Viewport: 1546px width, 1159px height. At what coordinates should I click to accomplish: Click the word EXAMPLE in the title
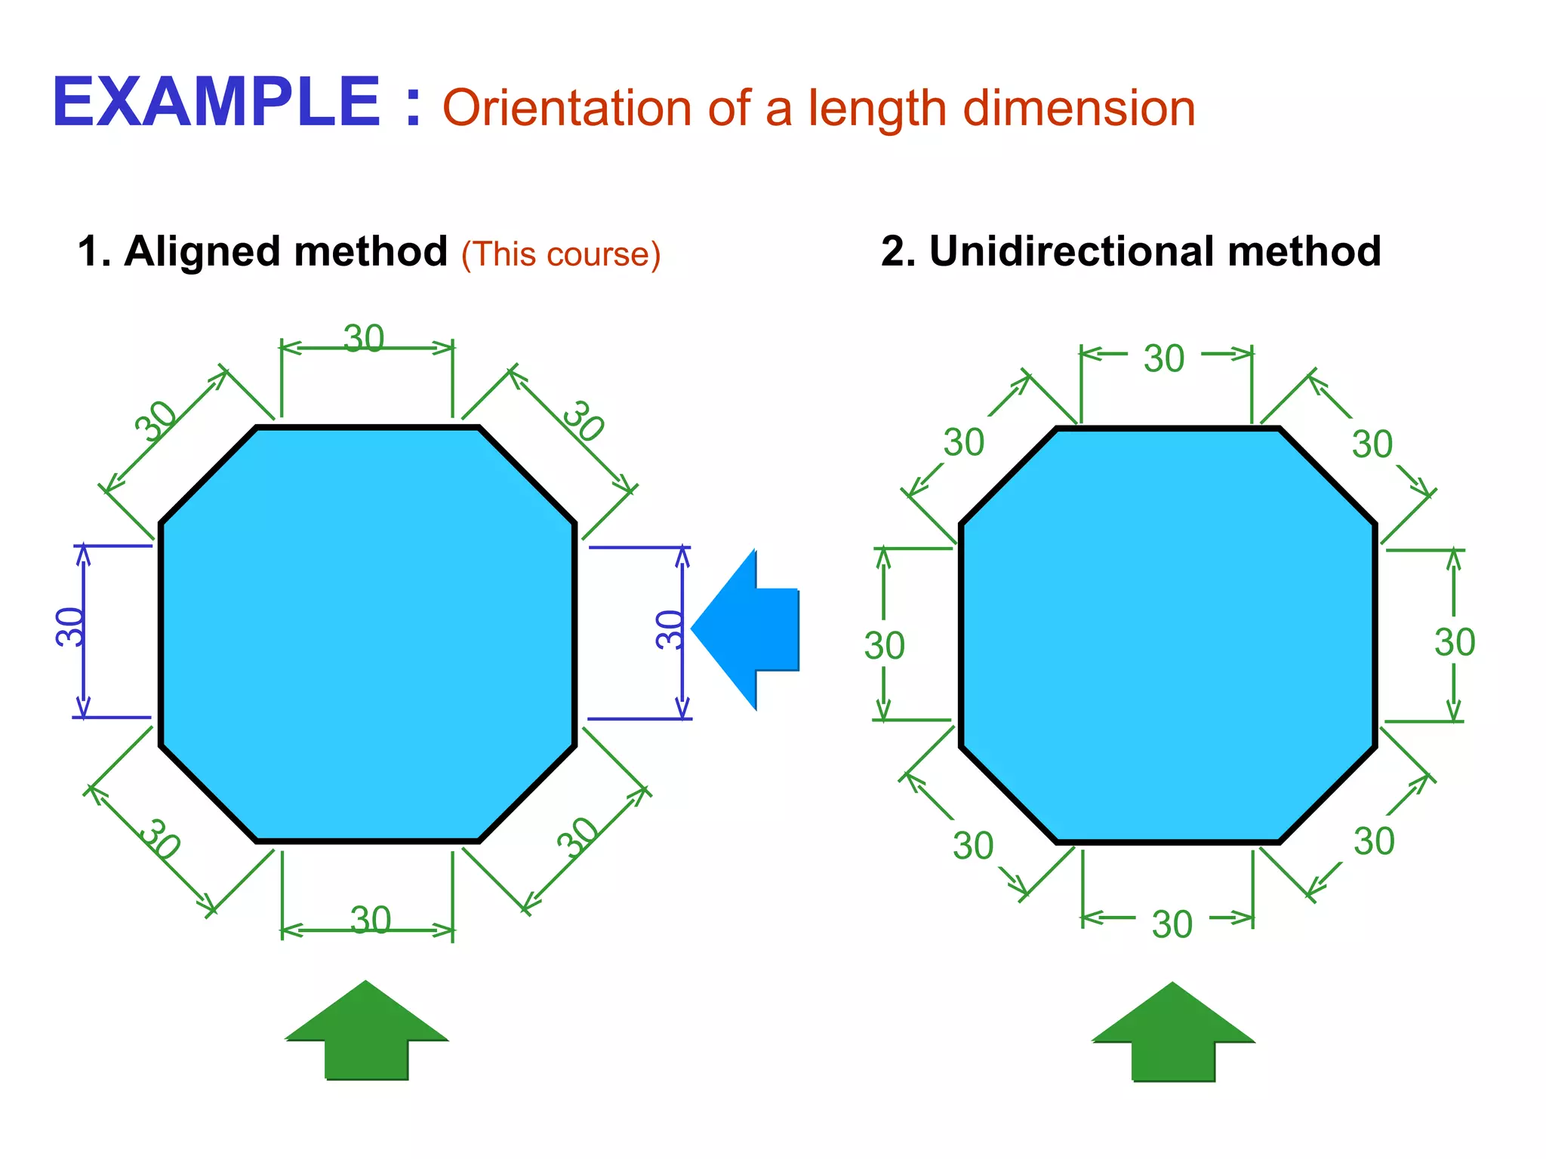pos(216,103)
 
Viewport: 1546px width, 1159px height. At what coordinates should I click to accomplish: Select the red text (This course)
pos(561,254)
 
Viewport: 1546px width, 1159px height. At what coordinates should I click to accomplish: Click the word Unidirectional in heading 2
pos(1071,251)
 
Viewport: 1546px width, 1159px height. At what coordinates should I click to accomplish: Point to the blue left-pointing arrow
pos(744,629)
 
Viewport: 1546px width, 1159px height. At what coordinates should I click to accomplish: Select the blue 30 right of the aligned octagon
pos(669,629)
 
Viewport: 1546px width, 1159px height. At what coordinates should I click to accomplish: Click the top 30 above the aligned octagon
pos(364,339)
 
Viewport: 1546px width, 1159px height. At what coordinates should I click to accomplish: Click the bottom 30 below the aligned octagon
pos(371,920)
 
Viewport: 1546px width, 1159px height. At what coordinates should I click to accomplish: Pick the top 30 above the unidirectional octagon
pos(1164,358)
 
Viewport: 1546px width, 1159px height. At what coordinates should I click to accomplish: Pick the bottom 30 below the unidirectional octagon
pos(1172,924)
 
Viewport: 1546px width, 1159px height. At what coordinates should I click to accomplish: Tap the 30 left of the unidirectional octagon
pos(884,646)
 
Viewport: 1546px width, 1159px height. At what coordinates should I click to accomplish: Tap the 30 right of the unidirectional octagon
pos(1454,643)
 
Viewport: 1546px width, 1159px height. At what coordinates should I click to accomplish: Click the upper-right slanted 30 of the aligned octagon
pos(584,421)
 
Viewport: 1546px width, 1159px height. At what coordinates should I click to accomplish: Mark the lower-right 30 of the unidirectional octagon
pos(1373,841)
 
